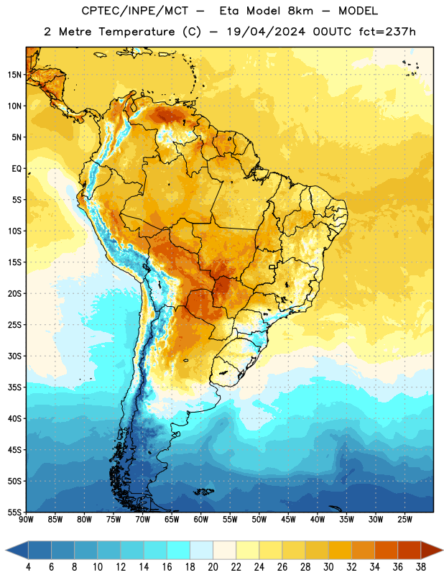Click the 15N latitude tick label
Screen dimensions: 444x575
pyautogui.click(x=14, y=75)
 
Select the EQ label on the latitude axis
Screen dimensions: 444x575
pyautogui.click(x=17, y=169)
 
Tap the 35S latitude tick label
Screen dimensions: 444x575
pyautogui.click(x=14, y=387)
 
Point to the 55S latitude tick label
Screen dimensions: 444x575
pyautogui.click(x=14, y=512)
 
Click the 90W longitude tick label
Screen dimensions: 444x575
pyautogui.click(x=26, y=520)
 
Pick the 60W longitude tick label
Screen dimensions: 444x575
pyautogui.click(x=201, y=520)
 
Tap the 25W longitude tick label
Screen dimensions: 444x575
pyautogui.click(x=404, y=520)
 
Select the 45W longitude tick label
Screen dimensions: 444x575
pyautogui.click(x=288, y=520)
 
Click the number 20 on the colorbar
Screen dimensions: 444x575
pyautogui.click(x=213, y=567)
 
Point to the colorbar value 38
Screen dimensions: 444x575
pyautogui.click(x=421, y=567)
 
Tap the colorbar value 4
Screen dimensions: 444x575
pyautogui.click(x=28, y=567)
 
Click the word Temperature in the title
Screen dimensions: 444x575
pyautogui.click(x=137, y=32)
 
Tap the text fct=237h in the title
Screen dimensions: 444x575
pyautogui.click(x=387, y=32)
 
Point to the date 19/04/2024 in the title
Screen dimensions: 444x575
pyautogui.click(x=265, y=32)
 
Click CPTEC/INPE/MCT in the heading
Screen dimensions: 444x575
pyautogui.click(x=134, y=11)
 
